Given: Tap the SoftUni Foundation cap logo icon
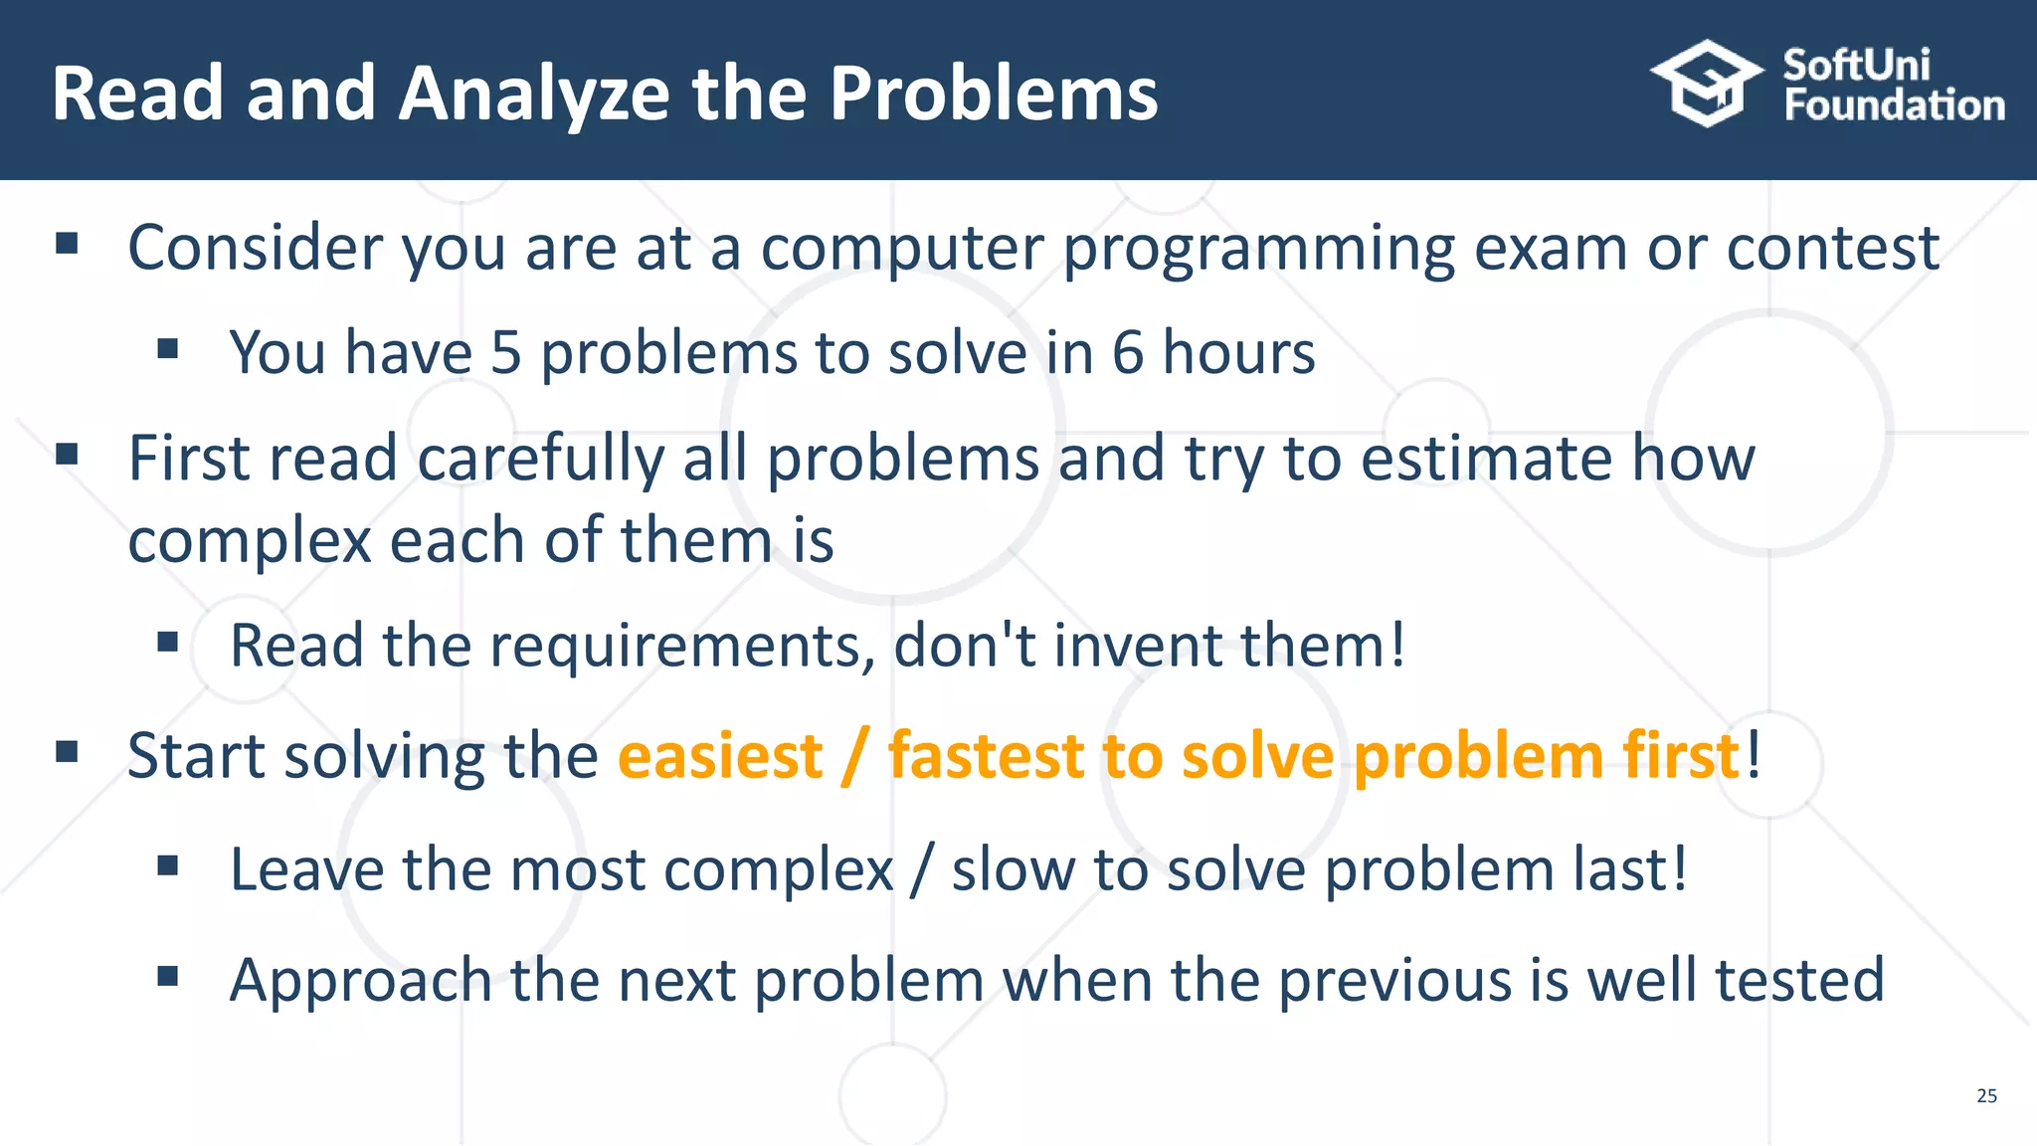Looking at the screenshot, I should tap(1707, 84).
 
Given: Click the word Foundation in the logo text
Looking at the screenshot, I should tap(1894, 105).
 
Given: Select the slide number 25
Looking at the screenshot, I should tap(1986, 1095).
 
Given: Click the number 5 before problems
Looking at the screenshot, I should tap(505, 352).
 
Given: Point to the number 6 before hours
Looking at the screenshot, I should tap(1127, 352).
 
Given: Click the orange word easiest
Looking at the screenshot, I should tap(720, 756).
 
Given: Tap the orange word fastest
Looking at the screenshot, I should tap(985, 756).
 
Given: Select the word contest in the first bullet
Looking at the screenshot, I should tap(1832, 248).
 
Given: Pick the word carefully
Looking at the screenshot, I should tap(540, 460).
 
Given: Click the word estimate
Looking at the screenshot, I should tap(1486, 460).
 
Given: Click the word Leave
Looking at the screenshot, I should tap(306, 869).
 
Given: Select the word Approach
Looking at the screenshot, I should tap(360, 982).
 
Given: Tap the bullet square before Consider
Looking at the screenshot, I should tap(67, 244).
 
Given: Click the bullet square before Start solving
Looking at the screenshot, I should tap(67, 751).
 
